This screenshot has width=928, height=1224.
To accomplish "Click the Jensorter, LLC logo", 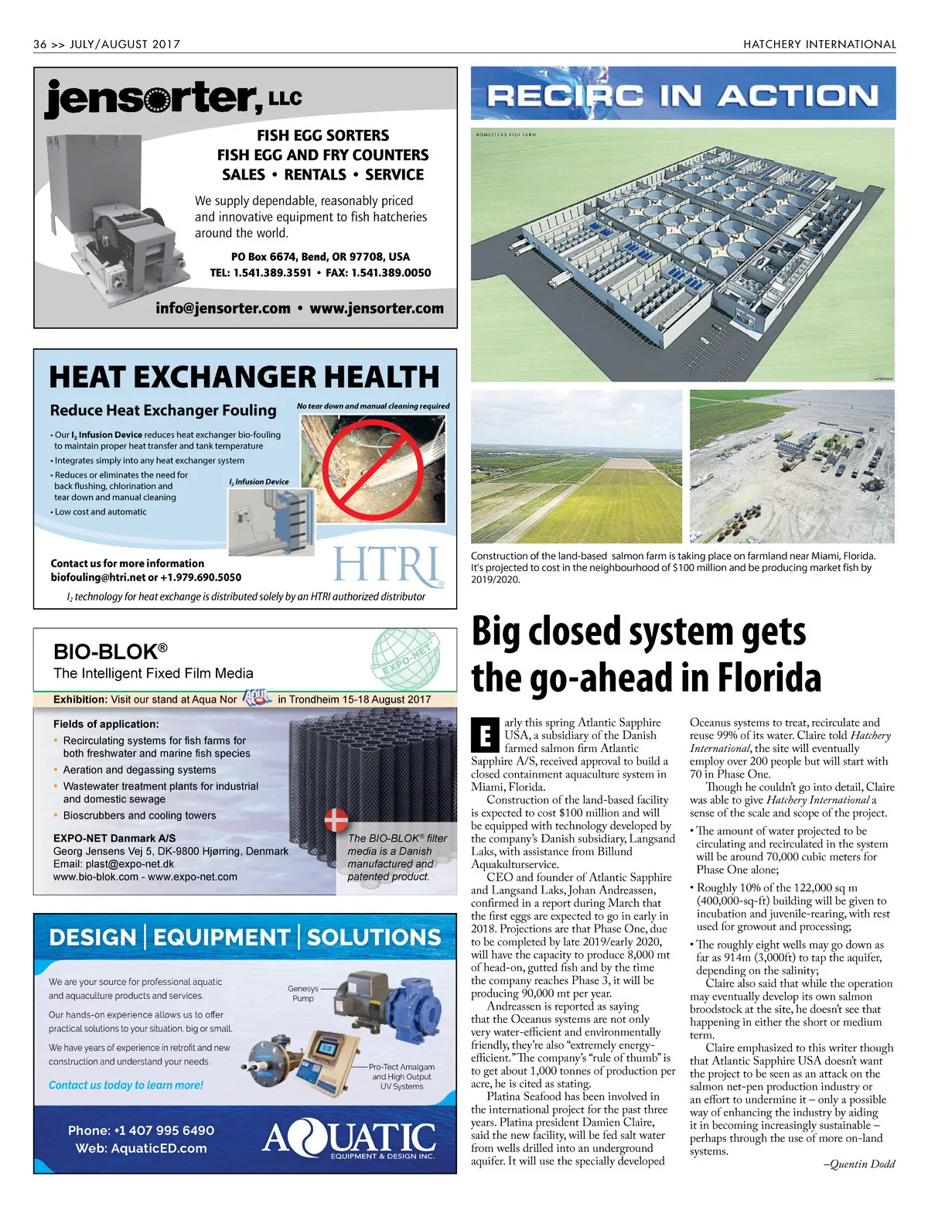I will pyautogui.click(x=173, y=98).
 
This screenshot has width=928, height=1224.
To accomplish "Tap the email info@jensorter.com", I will pyautogui.click(x=223, y=308).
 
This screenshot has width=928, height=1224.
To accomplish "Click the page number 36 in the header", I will pyautogui.click(x=40, y=44).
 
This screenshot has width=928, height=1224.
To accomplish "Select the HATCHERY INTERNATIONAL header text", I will pyautogui.click(x=819, y=44).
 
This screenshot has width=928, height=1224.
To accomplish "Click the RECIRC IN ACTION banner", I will pyautogui.click(x=683, y=95).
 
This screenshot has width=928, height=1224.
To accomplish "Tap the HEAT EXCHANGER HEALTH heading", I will pyautogui.click(x=244, y=377).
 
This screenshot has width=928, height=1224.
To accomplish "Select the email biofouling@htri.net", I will pyautogui.click(x=98, y=577).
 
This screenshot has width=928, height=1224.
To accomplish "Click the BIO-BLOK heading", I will pyautogui.click(x=110, y=651).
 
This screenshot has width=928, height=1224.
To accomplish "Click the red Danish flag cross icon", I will pyautogui.click(x=336, y=819).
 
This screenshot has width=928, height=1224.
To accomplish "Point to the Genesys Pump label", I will pyautogui.click(x=303, y=993).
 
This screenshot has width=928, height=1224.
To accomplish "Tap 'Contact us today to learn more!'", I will pyautogui.click(x=126, y=1085).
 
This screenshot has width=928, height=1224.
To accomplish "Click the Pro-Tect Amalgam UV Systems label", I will pyautogui.click(x=401, y=1076).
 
